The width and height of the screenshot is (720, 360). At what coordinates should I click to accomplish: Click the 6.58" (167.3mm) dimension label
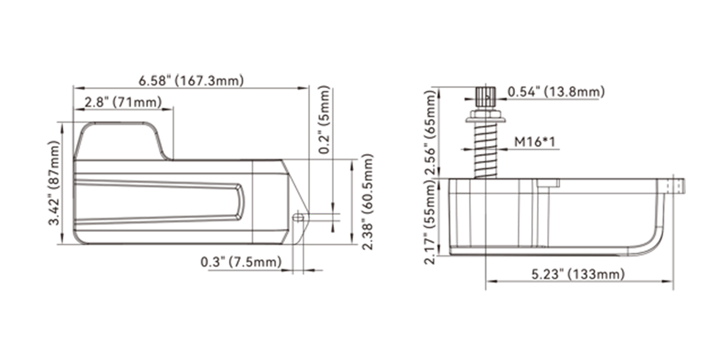click(x=191, y=80)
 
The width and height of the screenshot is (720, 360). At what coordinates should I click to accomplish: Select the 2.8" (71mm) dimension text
click(x=123, y=102)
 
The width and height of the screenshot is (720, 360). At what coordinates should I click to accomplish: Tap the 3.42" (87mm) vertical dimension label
click(x=54, y=183)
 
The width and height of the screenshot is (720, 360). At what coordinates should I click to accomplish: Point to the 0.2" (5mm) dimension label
click(x=324, y=120)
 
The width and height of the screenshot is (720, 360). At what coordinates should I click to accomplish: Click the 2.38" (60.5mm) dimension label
click(x=367, y=202)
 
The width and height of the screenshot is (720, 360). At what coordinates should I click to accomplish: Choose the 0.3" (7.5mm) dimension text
click(x=241, y=262)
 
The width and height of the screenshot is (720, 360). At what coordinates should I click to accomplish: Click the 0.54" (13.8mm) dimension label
click(x=556, y=92)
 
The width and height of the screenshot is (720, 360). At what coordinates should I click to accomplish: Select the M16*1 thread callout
click(x=535, y=142)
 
